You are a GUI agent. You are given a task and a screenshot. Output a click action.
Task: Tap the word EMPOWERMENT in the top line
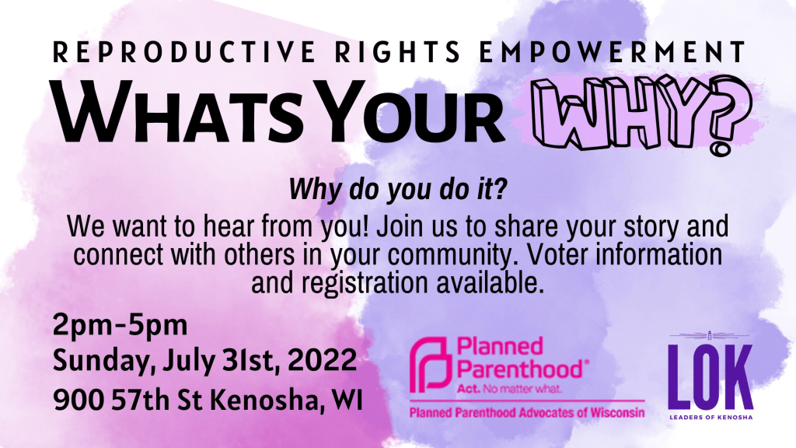tap(613, 52)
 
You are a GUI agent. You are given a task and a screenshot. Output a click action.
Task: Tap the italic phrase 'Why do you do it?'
tap(398, 190)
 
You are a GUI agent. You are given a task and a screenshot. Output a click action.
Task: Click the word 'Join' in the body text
tap(400, 226)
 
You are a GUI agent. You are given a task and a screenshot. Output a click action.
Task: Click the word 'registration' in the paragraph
tap(365, 283)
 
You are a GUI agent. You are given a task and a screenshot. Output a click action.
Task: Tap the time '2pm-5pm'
tap(120, 326)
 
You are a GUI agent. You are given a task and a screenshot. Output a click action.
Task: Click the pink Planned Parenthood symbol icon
tap(431, 365)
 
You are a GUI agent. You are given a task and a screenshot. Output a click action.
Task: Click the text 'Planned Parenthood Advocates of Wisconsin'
tap(527, 412)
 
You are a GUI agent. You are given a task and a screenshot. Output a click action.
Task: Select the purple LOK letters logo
tap(710, 376)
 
